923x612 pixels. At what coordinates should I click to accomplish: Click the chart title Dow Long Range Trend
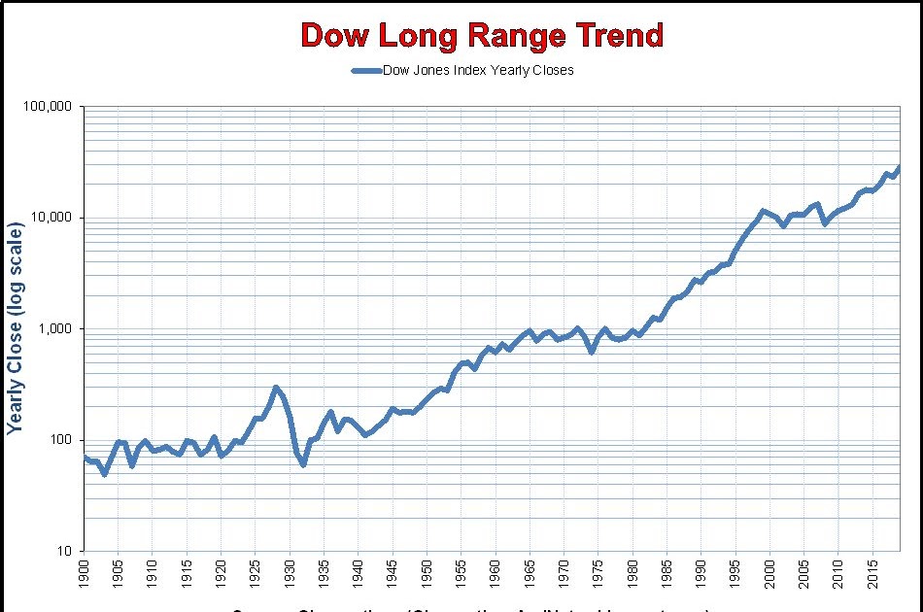[482, 36]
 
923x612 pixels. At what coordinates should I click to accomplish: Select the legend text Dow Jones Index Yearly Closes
[478, 70]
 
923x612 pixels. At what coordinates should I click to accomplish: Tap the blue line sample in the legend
[366, 70]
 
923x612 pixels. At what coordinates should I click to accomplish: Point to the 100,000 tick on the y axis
[48, 106]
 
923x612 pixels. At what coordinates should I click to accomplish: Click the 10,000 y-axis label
[51, 218]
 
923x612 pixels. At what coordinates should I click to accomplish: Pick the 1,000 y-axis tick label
[54, 329]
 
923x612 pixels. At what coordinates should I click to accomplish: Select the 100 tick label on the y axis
[60, 440]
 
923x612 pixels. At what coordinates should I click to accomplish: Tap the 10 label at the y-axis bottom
[64, 552]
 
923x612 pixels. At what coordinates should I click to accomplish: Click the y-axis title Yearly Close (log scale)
[16, 329]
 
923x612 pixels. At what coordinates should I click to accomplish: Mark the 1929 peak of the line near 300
[276, 388]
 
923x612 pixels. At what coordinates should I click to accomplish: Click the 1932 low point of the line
[303, 464]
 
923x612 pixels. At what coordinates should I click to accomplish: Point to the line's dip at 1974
[592, 351]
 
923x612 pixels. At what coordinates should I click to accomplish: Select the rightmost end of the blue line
[900, 167]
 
